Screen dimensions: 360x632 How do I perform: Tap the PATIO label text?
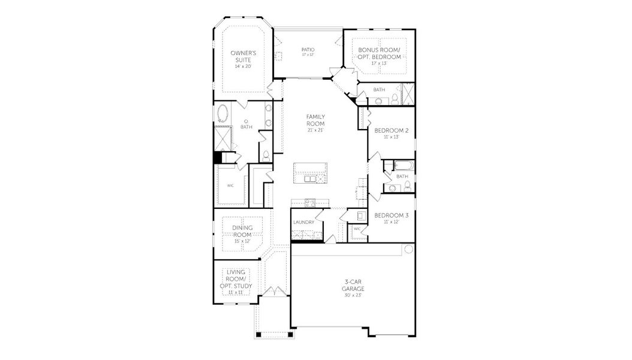pyautogui.click(x=308, y=50)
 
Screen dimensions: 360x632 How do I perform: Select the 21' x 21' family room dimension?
pyautogui.click(x=315, y=130)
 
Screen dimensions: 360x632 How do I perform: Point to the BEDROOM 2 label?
pyautogui.click(x=391, y=130)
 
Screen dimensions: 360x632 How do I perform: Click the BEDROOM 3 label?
pyautogui.click(x=391, y=215)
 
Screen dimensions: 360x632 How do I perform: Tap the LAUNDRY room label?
pyautogui.click(x=304, y=222)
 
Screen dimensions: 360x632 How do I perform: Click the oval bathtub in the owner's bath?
pyautogui.click(x=223, y=112)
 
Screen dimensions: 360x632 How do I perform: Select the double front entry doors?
pyautogui.click(x=273, y=292)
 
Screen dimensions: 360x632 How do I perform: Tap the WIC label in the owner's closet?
pyautogui.click(x=230, y=185)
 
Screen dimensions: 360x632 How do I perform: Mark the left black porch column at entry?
pyautogui.click(x=258, y=334)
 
